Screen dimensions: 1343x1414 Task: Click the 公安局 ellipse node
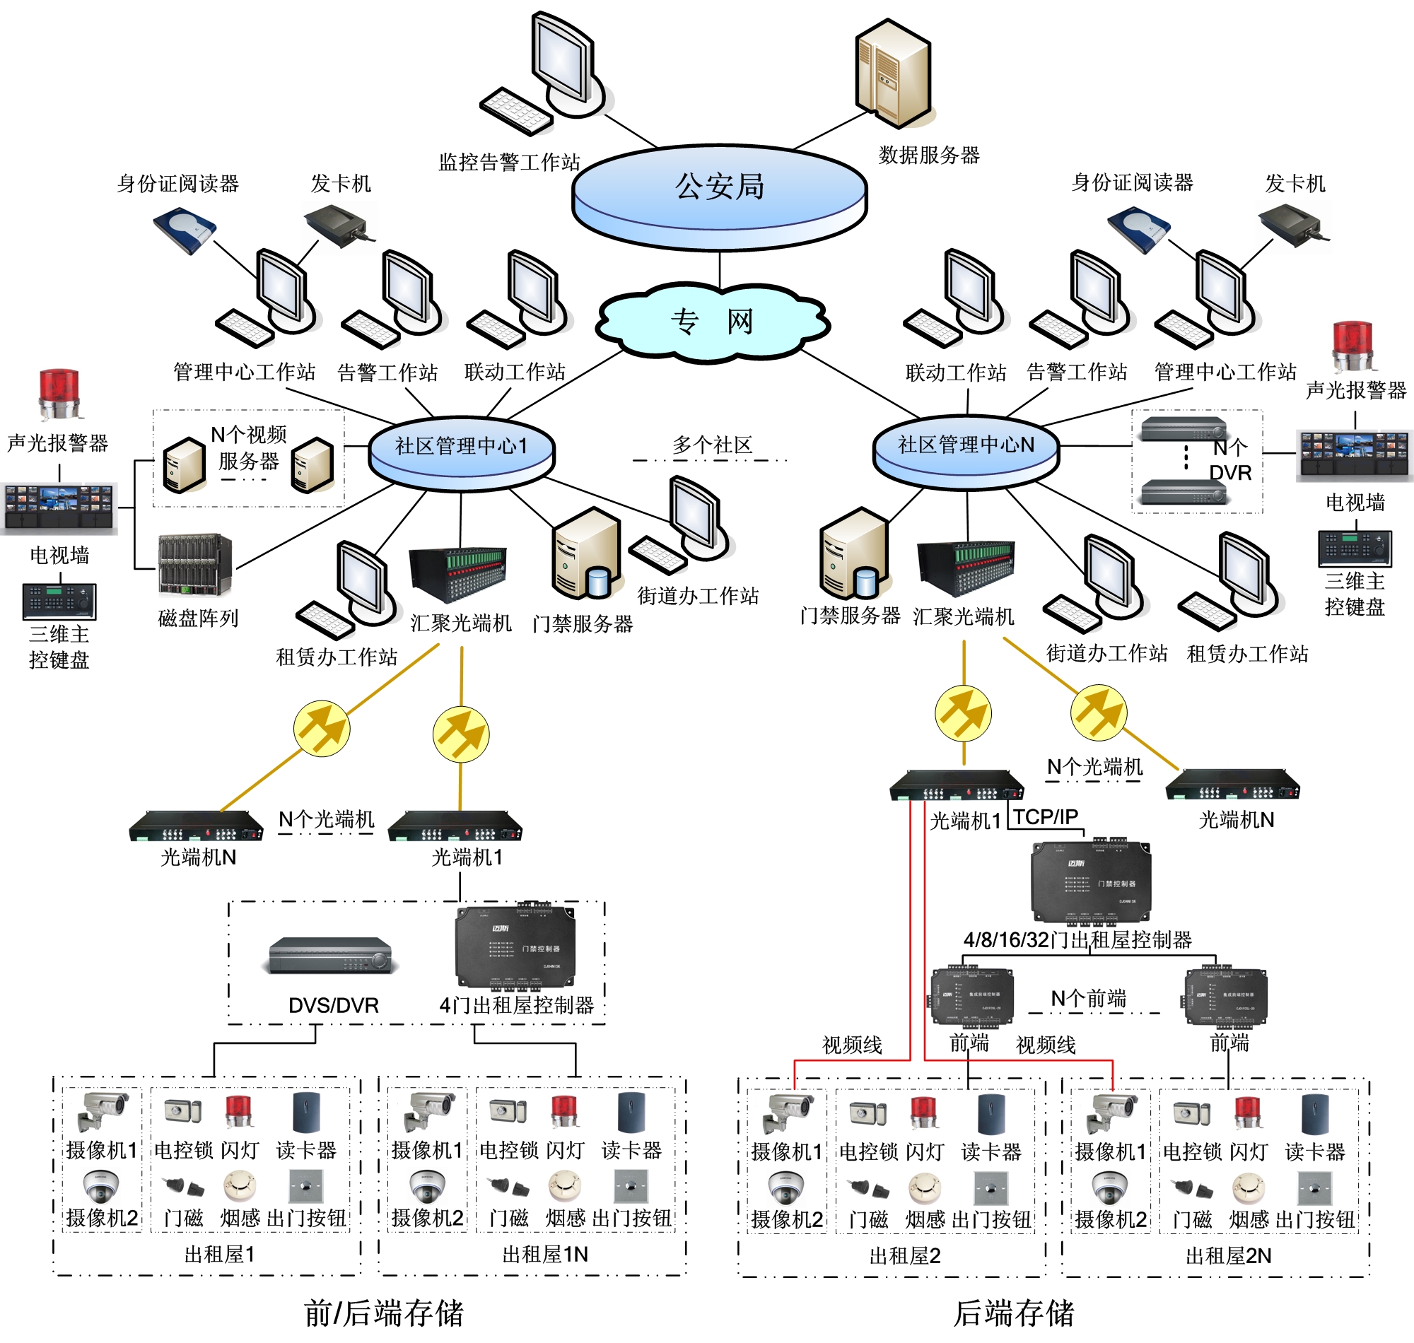(x=720, y=190)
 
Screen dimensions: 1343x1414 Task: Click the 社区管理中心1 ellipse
(x=461, y=449)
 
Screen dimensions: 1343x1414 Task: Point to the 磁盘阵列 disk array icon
(x=195, y=565)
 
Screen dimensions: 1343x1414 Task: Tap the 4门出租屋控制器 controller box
(x=515, y=946)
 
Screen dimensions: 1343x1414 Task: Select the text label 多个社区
(x=712, y=445)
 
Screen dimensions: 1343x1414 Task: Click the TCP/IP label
(x=1045, y=817)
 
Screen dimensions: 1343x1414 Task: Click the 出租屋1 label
(x=219, y=1254)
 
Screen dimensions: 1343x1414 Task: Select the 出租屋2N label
(x=1229, y=1255)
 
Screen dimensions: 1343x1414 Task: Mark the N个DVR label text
(x=1230, y=460)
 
